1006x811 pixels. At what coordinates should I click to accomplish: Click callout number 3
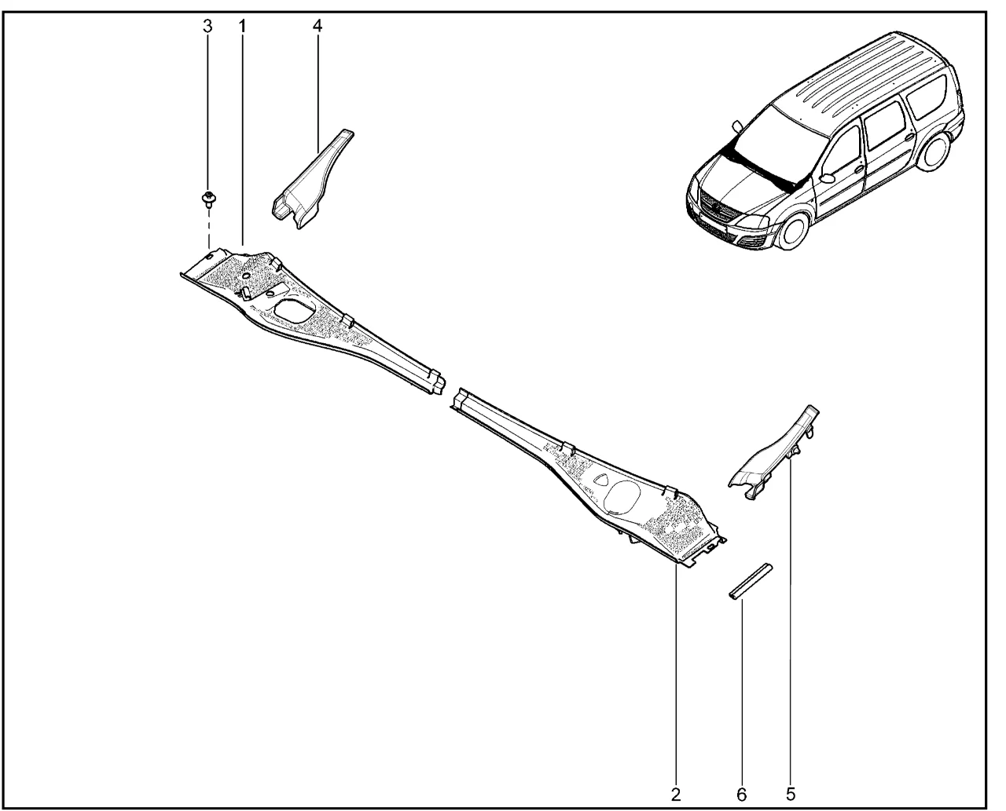click(207, 27)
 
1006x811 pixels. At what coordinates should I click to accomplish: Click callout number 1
click(242, 27)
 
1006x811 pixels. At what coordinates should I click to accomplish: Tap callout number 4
click(318, 27)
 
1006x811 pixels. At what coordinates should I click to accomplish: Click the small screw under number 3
click(208, 199)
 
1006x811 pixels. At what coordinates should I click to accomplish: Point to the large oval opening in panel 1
click(296, 311)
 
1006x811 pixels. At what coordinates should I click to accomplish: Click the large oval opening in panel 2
click(622, 496)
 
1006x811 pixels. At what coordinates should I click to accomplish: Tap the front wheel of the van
click(794, 231)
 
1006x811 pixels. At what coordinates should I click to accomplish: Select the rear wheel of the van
click(933, 151)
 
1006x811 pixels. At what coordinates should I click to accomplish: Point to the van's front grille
click(717, 208)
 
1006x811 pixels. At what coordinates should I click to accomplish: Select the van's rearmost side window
click(927, 97)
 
